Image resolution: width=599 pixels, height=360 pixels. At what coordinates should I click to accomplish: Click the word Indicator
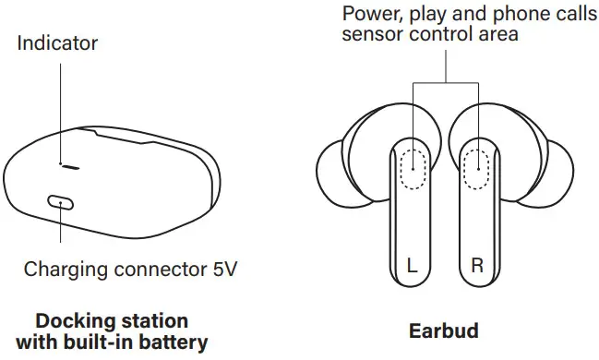pyautogui.click(x=57, y=43)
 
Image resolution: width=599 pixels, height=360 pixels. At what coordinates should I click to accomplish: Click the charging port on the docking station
pyautogui.click(x=60, y=200)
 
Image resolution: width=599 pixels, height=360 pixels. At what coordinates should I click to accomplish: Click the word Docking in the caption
pyautogui.click(x=68, y=321)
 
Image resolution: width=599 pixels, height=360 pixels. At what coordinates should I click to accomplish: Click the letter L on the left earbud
pyautogui.click(x=414, y=266)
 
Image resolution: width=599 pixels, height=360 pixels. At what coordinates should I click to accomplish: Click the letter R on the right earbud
pyautogui.click(x=477, y=266)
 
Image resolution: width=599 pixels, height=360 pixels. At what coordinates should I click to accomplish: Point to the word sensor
pyautogui.click(x=370, y=34)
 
